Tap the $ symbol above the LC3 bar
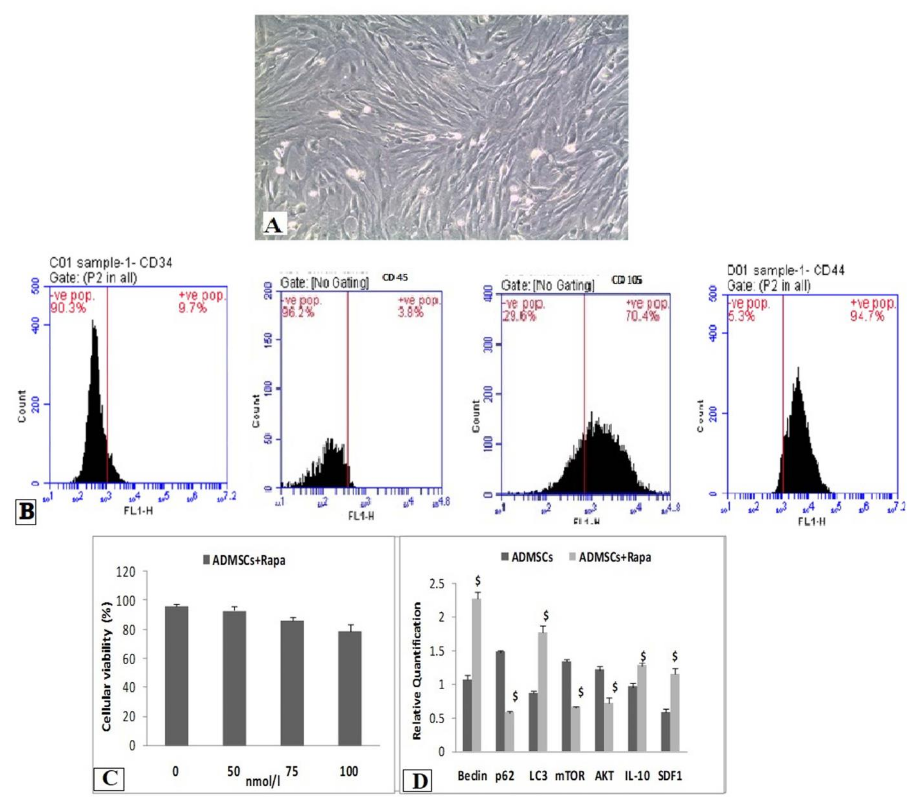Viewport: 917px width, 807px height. point(546,615)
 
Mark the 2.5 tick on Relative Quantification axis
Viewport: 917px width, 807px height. point(435,584)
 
